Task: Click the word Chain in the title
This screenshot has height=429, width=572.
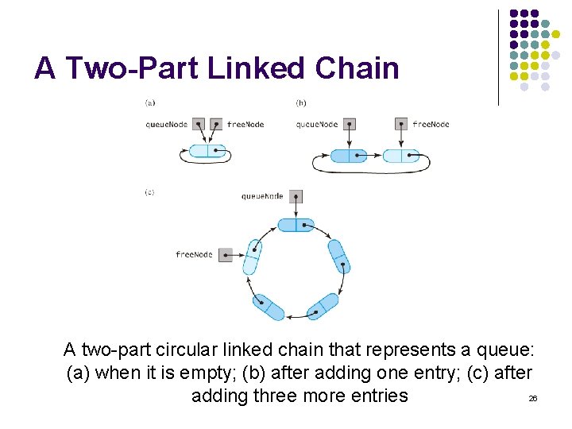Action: (357, 68)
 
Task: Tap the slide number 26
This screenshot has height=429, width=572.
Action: (532, 397)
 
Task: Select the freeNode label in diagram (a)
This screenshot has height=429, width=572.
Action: (245, 124)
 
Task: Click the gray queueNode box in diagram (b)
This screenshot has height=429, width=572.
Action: (348, 124)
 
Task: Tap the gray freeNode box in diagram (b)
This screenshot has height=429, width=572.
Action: (401, 124)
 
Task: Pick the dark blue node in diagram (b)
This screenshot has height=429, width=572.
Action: (351, 156)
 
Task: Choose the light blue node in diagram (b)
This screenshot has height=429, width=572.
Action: (401, 156)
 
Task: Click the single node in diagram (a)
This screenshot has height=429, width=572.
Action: (207, 151)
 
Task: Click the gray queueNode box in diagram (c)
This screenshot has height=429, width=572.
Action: (296, 196)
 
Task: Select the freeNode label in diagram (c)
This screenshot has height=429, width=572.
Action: (195, 254)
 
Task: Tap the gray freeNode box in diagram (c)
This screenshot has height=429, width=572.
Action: (226, 255)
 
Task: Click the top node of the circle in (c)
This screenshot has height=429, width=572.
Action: (296, 226)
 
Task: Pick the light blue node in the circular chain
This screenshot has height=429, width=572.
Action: (252, 257)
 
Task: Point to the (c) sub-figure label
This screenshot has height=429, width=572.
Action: (150, 192)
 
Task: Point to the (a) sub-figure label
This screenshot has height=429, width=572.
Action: (150, 102)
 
